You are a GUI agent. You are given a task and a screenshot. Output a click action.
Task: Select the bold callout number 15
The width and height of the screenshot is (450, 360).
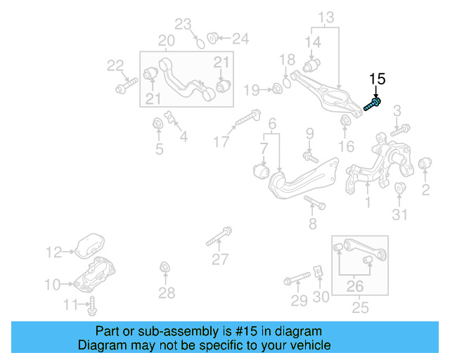[378, 79]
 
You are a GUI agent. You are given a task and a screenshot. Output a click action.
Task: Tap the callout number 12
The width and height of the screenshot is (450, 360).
[54, 252]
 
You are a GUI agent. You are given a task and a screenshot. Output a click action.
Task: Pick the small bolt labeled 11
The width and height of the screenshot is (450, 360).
[93, 305]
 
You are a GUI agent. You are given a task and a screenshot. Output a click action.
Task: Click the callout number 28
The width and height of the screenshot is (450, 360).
[166, 292]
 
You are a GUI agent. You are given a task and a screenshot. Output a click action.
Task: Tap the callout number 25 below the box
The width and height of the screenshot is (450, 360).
[360, 308]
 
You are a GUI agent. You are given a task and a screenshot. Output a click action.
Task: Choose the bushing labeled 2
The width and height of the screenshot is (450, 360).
[424, 165]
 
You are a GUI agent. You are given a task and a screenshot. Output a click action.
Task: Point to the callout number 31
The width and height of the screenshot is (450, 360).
[399, 214]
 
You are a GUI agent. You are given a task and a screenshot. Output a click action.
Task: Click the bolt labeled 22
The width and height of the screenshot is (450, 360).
[124, 89]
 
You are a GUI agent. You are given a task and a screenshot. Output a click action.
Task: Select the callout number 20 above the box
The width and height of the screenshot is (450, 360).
[166, 41]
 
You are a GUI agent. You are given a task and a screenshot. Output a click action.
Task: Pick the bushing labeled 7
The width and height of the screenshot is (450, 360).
[261, 170]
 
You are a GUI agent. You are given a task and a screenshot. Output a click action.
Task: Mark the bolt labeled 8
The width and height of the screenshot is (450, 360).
[315, 204]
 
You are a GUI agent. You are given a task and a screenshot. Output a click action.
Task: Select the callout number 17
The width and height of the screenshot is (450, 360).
[221, 142]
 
